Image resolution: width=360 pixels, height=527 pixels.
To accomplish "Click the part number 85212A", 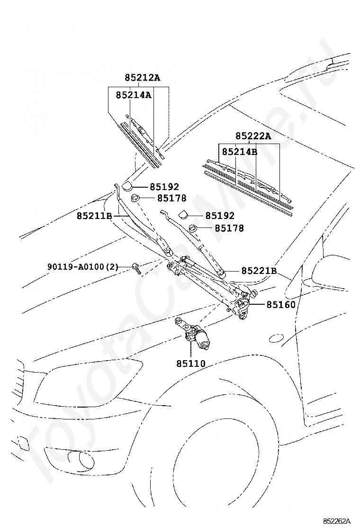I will [143, 78].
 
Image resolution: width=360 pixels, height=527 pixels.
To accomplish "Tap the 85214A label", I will [133, 95].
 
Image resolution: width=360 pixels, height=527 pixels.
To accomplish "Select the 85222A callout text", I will [253, 136].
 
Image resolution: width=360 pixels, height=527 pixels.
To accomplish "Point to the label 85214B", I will [239, 152].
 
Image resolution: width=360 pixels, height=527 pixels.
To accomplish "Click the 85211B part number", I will [94, 216].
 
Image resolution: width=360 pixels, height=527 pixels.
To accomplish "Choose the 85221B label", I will [259, 271].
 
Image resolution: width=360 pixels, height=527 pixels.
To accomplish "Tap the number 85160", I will [280, 305].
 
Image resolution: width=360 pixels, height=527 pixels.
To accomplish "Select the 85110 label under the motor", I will [191, 364].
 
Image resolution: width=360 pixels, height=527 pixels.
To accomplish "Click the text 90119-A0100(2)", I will [82, 267].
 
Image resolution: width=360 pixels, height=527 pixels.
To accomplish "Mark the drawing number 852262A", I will [337, 521].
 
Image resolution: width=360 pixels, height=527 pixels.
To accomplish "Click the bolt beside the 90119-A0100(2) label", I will [136, 268].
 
